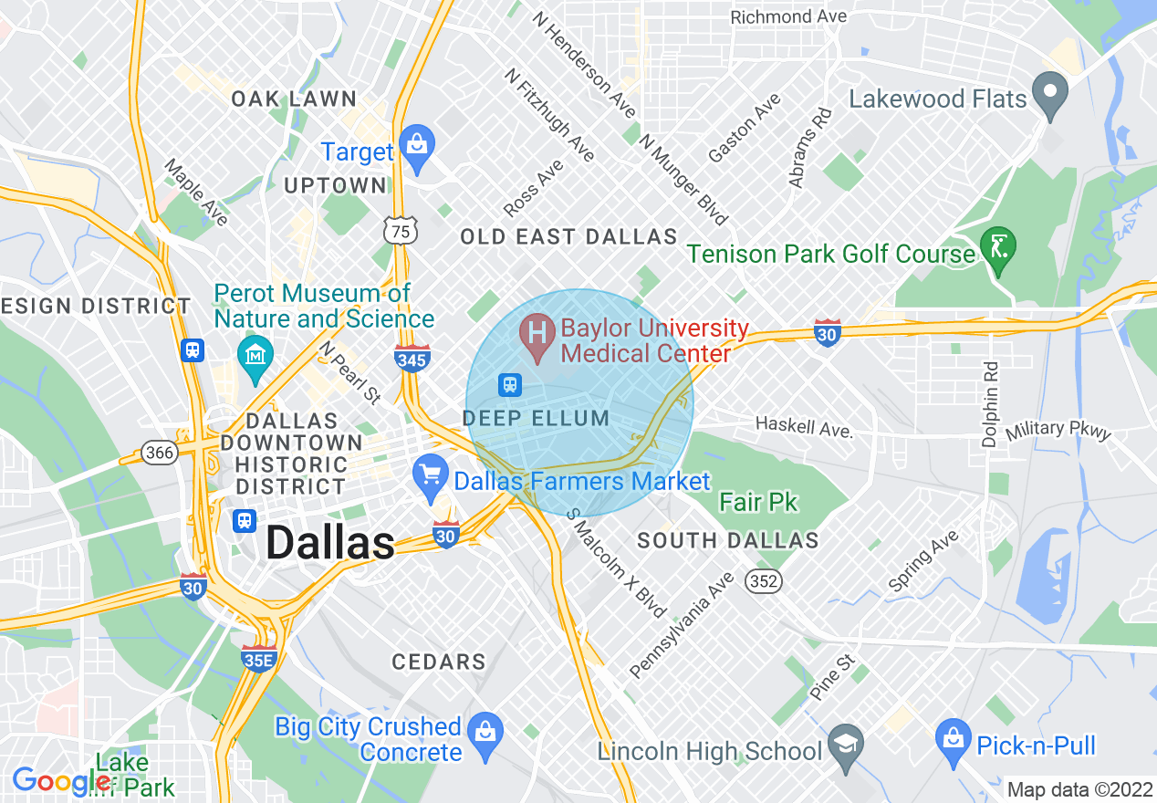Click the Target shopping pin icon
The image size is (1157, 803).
pos(417,147)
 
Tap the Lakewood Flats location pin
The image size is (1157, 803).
pos(1049,95)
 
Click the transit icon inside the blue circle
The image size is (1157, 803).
pos(510,384)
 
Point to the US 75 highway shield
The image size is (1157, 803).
pos(399,232)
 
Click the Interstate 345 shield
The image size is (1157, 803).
pos(412,359)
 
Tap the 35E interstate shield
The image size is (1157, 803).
pos(259,659)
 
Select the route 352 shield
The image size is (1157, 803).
pos(763,579)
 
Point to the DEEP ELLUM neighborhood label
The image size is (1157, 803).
pos(537,419)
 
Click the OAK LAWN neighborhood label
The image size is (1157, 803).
pos(293,99)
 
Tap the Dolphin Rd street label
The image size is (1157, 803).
pos(990,402)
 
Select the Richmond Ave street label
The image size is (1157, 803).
pos(788,16)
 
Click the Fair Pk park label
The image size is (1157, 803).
pos(757,502)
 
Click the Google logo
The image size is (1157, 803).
pos(60,781)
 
